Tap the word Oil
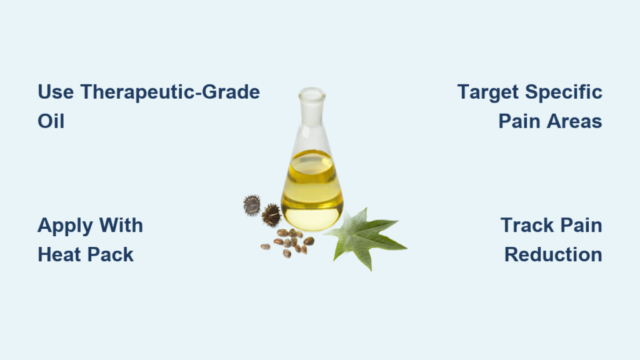51,121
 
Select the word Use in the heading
56,92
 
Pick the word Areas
574,121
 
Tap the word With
121,225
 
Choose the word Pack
111,255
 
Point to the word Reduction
553,255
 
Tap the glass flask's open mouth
312,94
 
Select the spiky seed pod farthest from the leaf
251,205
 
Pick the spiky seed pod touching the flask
271,215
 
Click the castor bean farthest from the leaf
265,246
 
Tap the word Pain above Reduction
581,225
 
